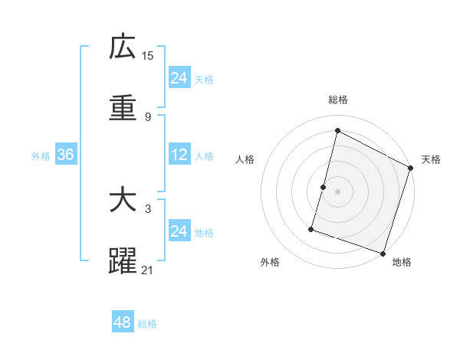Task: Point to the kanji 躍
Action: pos(123,261)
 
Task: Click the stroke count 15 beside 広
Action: pos(148,56)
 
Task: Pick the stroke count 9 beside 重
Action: pos(147,116)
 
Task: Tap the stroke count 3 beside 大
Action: pos(147,208)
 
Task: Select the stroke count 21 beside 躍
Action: pos(148,270)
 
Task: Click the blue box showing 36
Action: pos(65,155)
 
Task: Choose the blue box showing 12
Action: pos(179,155)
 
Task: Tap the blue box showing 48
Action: pos(123,322)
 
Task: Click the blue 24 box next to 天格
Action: pos(179,78)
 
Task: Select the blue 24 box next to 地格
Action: pos(179,231)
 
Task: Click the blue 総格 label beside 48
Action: pos(147,324)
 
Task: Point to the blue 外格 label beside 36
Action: pos(41,155)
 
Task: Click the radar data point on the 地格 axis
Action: pos(383,253)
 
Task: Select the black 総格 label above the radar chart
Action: pos(338,100)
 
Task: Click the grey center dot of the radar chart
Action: pos(338,191)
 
